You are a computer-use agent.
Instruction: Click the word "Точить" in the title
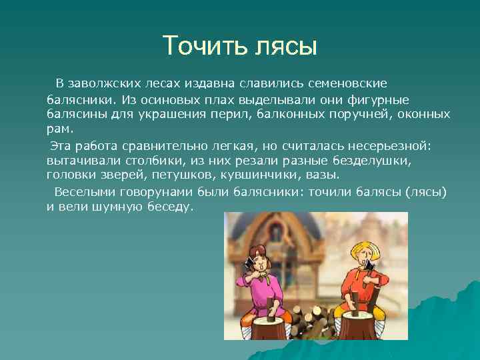(205, 46)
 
